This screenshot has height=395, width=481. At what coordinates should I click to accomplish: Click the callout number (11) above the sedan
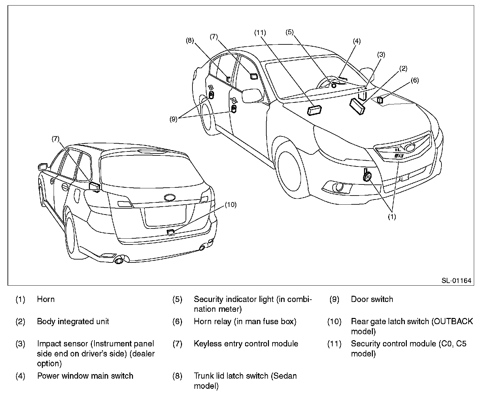click(x=260, y=33)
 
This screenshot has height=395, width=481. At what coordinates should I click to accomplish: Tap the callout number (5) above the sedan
click(x=290, y=32)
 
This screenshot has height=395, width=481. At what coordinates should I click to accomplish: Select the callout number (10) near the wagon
click(x=231, y=205)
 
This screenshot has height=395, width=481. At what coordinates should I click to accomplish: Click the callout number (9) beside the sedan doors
click(x=173, y=119)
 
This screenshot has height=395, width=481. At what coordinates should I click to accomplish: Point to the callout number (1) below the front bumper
click(x=392, y=217)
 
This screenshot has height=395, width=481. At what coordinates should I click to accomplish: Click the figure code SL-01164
click(x=456, y=280)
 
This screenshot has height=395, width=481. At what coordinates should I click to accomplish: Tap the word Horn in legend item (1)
click(x=46, y=299)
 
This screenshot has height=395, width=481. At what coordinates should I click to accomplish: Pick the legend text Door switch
click(x=372, y=299)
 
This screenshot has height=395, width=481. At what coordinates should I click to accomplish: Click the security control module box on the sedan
click(x=314, y=110)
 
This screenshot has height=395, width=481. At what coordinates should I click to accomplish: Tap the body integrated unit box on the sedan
click(x=357, y=106)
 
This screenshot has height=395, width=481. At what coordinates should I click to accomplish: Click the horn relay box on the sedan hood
click(x=380, y=100)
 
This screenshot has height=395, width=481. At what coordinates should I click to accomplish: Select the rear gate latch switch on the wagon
click(x=171, y=232)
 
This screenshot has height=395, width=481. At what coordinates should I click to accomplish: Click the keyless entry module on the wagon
click(x=94, y=186)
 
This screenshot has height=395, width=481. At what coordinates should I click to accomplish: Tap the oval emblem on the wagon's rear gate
click(x=170, y=197)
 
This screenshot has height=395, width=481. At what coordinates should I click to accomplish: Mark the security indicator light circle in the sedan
click(x=334, y=86)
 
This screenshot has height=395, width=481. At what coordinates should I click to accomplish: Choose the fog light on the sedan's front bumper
click(x=338, y=187)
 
